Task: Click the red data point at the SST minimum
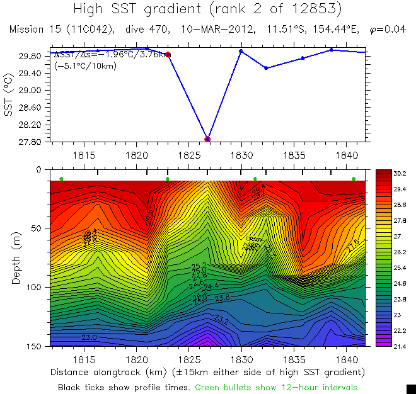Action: click(207, 138)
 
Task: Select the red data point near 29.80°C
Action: click(168, 55)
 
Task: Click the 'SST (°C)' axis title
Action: click(8, 98)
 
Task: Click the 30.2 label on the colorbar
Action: click(400, 172)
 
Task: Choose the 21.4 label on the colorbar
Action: click(400, 346)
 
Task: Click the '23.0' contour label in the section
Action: click(88, 338)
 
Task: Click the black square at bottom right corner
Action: click(410, 388)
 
